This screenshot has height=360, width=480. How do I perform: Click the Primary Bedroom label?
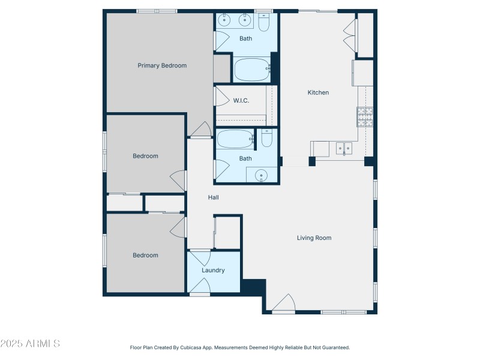tap(162, 65)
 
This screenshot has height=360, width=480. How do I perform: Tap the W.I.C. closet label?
tap(241, 100)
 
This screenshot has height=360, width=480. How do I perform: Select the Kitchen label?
tap(318, 92)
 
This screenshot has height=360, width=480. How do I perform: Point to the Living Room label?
tap(314, 238)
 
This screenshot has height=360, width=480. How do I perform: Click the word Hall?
tap(213, 197)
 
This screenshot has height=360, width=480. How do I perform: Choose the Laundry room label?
tap(213, 270)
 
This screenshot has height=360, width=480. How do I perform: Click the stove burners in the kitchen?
tap(365, 116)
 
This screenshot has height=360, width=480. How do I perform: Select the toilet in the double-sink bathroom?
tap(264, 22)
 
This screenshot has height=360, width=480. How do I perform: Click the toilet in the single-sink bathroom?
tap(267, 139)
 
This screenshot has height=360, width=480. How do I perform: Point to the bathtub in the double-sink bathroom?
tap(252, 69)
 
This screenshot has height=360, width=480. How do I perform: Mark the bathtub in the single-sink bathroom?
tap(235, 139)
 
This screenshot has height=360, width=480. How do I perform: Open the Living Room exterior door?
tap(283, 304)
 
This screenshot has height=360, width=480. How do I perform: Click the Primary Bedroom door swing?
tap(201, 129)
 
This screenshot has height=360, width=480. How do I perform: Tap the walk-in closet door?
tap(220, 96)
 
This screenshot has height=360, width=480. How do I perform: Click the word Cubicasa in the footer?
tap(188, 347)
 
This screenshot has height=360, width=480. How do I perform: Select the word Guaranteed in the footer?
tap(335, 347)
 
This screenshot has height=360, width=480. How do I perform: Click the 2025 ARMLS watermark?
tap(30, 344)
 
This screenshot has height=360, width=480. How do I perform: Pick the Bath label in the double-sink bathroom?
tap(245, 38)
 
